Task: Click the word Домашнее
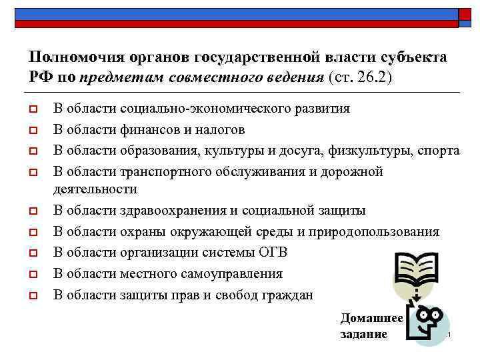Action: click(x=371, y=319)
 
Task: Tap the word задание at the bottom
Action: click(x=363, y=334)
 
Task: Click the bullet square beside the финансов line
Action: click(x=33, y=130)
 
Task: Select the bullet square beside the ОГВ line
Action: click(x=33, y=253)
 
